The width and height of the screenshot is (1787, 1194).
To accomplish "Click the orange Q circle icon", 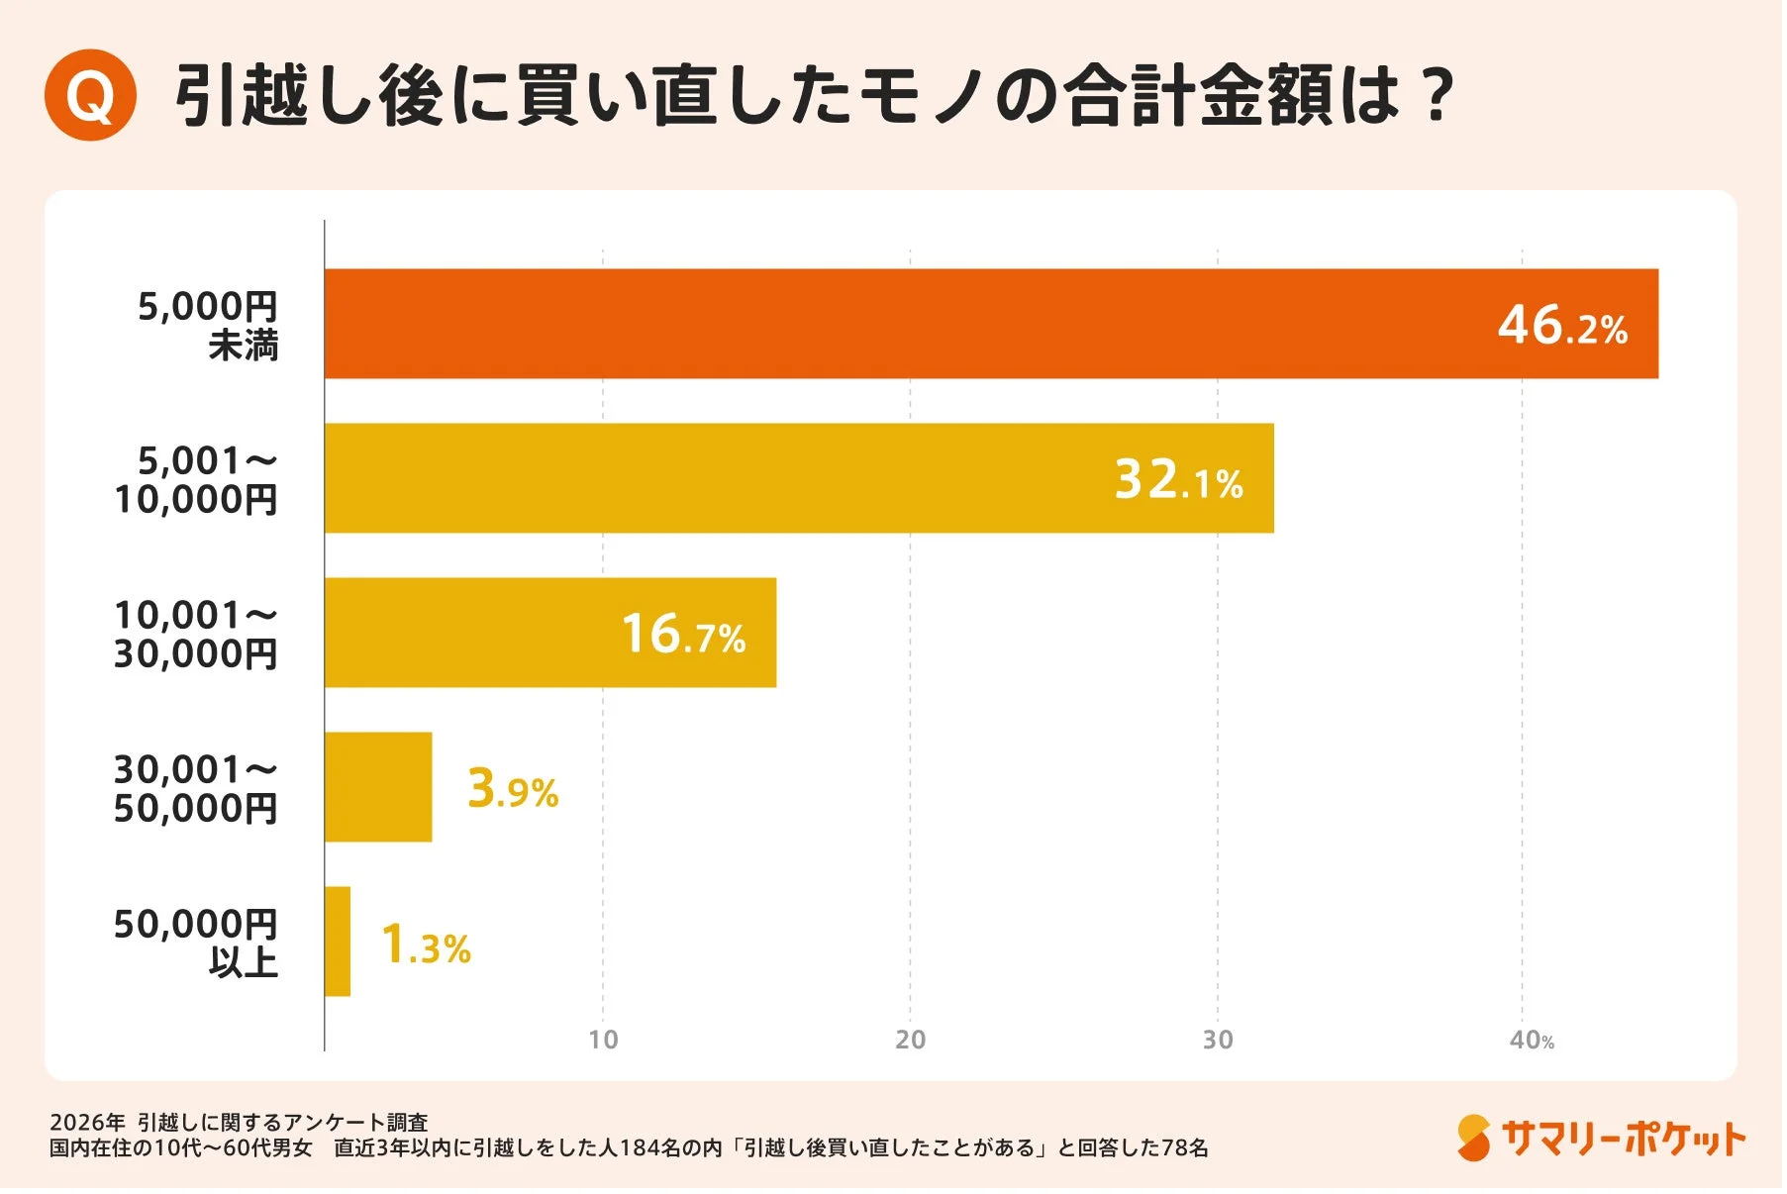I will click(90, 95).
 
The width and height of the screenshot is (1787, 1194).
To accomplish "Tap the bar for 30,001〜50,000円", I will click(378, 787).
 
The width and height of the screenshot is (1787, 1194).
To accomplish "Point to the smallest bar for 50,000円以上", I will click(338, 942).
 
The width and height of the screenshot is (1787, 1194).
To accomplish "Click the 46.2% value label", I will click(1561, 326).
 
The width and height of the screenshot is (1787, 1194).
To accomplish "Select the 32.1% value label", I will click(1178, 480).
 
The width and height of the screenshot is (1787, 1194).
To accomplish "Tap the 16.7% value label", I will click(683, 635).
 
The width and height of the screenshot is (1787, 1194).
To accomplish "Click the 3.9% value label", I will click(513, 789).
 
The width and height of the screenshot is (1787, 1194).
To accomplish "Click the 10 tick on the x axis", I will click(603, 1040).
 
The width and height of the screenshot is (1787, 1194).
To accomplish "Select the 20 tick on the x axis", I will click(910, 1040).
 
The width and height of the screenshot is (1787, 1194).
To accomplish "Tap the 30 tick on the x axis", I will click(1218, 1040).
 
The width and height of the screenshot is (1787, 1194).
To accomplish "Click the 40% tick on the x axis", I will click(1531, 1040).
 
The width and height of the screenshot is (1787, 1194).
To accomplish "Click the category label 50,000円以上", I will click(196, 943).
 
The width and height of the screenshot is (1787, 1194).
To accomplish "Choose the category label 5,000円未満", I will click(209, 325).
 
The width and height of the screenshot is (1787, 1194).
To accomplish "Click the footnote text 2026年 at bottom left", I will click(87, 1122).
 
